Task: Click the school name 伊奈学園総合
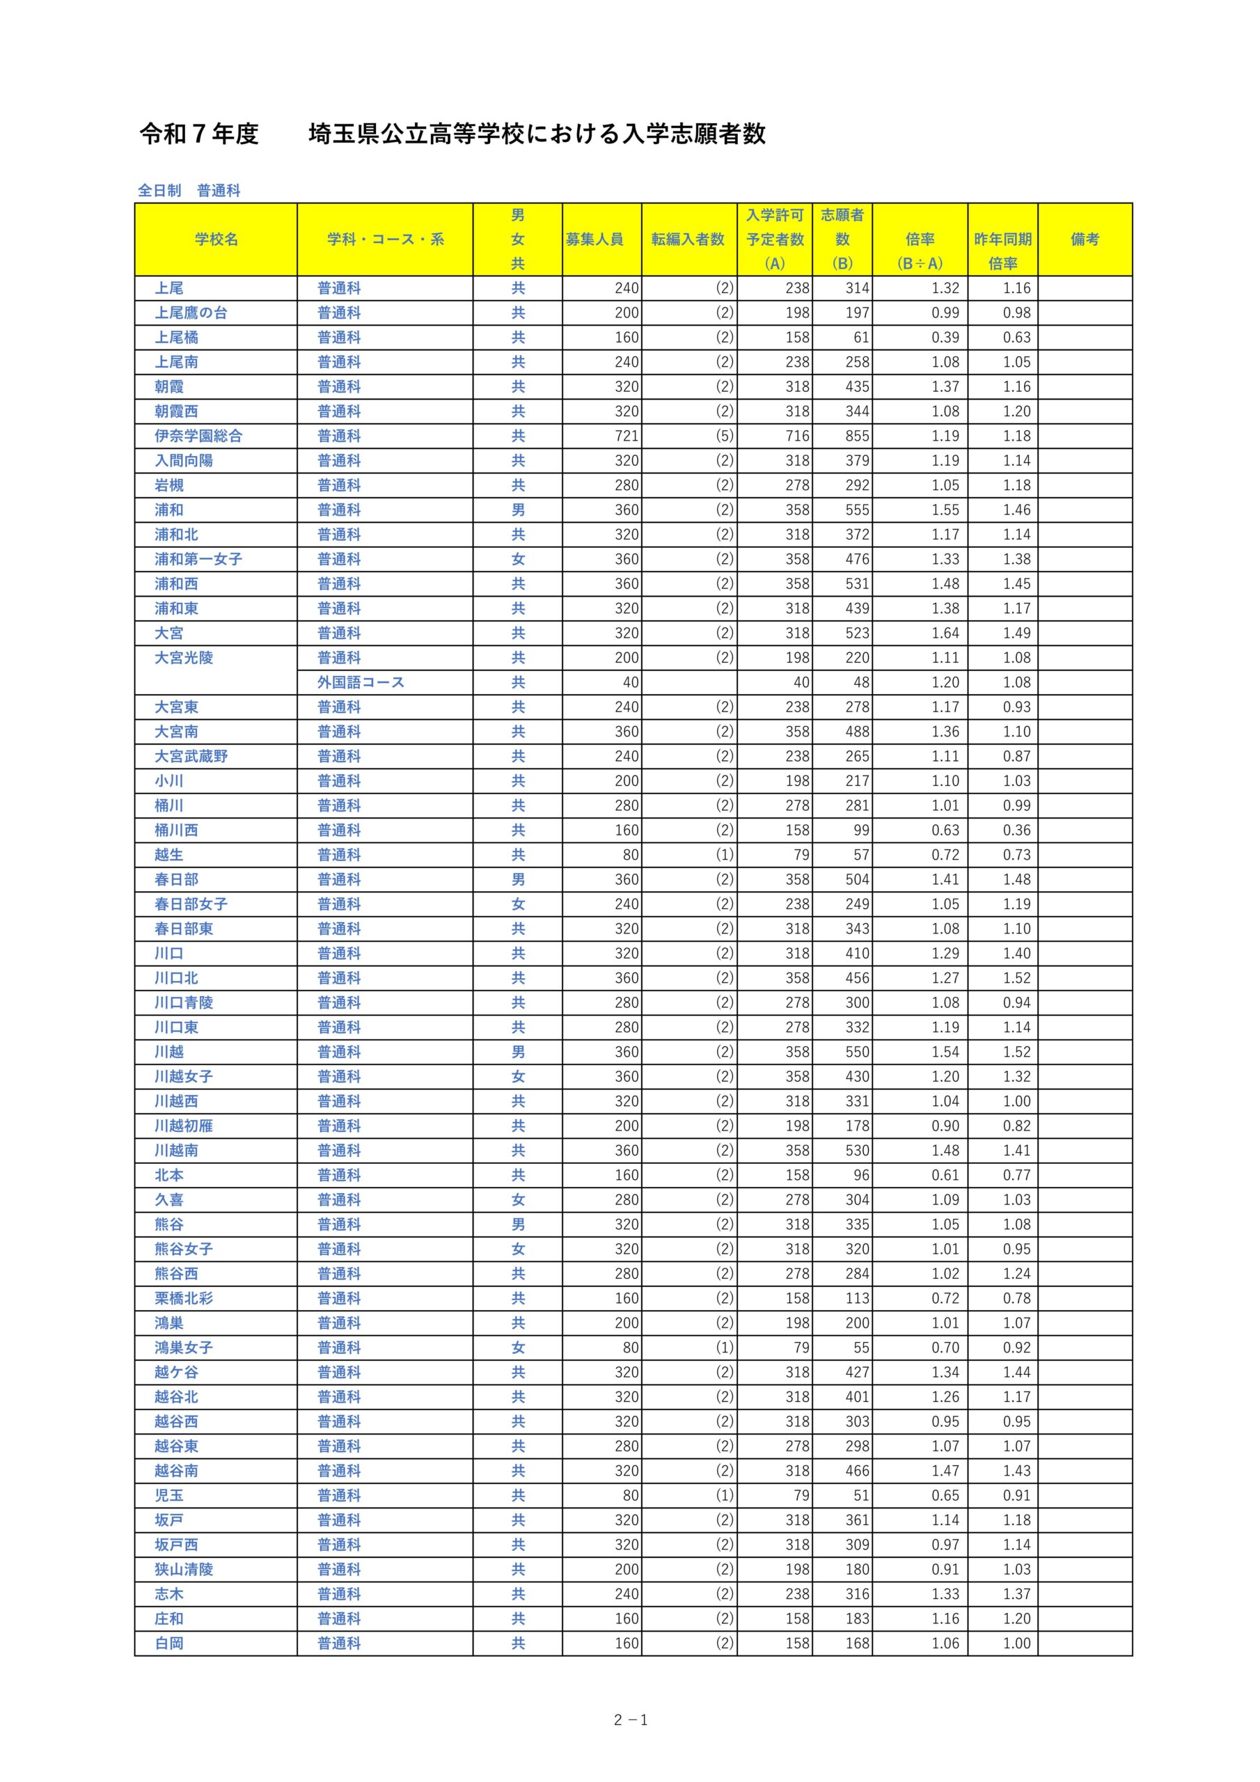pos(198,436)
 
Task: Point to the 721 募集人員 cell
pos(626,436)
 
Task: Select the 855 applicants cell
pos(857,436)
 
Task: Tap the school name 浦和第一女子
pos(198,559)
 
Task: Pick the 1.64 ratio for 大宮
pos(945,633)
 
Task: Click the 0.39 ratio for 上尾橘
pos(945,338)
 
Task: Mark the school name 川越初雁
pos(183,1126)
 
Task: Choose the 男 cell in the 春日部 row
pos(518,879)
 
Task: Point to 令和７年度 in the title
pos(198,134)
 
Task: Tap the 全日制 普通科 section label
pos(189,190)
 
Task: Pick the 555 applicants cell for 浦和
pos(857,510)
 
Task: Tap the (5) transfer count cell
pos(723,436)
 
